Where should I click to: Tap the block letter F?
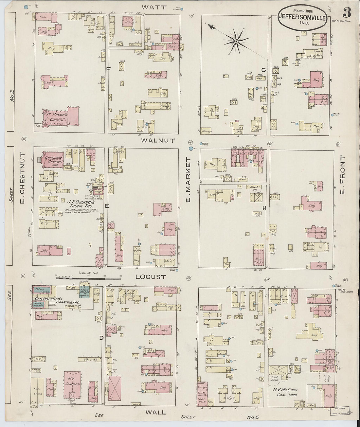click(108, 69)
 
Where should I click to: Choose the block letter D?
click(101, 338)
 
